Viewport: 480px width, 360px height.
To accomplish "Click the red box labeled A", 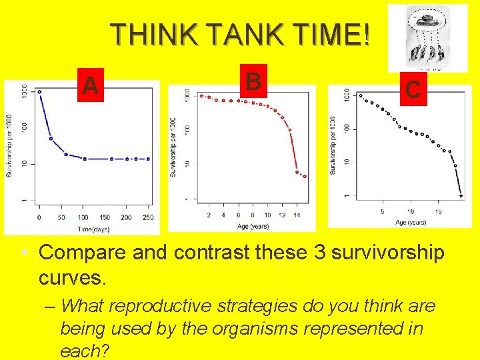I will tap(91, 85).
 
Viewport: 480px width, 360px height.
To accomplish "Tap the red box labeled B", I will tap(252, 81).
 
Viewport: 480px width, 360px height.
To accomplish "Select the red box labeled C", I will tap(412, 89).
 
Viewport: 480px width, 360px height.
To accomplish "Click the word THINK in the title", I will tap(152, 35).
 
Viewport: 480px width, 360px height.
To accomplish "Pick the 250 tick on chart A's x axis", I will tap(148, 218).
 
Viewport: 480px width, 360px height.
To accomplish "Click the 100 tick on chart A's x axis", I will tap(84, 218).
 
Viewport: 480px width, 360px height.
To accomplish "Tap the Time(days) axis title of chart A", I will tap(93, 229).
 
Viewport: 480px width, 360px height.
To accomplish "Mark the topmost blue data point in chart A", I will tap(39, 92).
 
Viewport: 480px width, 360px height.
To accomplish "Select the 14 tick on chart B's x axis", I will tap(297, 215).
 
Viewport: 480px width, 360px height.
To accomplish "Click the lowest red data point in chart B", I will tap(305, 177).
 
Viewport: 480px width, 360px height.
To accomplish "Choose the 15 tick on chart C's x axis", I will tap(438, 212).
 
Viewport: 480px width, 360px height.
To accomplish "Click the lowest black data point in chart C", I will tap(461, 196).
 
